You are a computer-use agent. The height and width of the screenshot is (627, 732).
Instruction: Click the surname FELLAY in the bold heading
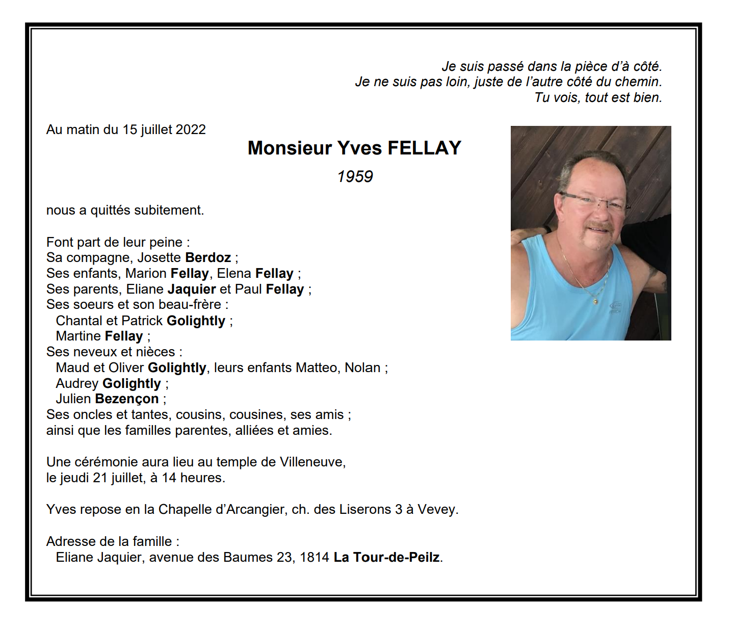424,148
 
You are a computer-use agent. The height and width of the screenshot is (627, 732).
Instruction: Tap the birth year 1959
355,176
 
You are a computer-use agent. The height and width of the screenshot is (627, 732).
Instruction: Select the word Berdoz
208,257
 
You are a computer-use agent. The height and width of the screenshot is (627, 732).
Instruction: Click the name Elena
234,273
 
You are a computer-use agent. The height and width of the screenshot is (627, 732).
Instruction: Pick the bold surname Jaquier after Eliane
192,289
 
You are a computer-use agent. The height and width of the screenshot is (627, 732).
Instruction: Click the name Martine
79,336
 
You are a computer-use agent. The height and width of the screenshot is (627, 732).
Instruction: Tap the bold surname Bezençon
127,399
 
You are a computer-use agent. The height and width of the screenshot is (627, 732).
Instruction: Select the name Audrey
77,383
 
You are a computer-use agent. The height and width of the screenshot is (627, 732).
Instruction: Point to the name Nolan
362,368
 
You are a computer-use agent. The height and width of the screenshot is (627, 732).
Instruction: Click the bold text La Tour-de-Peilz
386,557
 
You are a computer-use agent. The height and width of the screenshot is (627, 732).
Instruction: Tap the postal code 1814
314,557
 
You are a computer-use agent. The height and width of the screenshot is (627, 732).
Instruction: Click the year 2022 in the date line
190,129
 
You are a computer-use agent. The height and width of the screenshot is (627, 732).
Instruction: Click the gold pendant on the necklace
595,302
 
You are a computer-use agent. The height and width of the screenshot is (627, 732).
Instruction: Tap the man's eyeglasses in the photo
593,200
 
